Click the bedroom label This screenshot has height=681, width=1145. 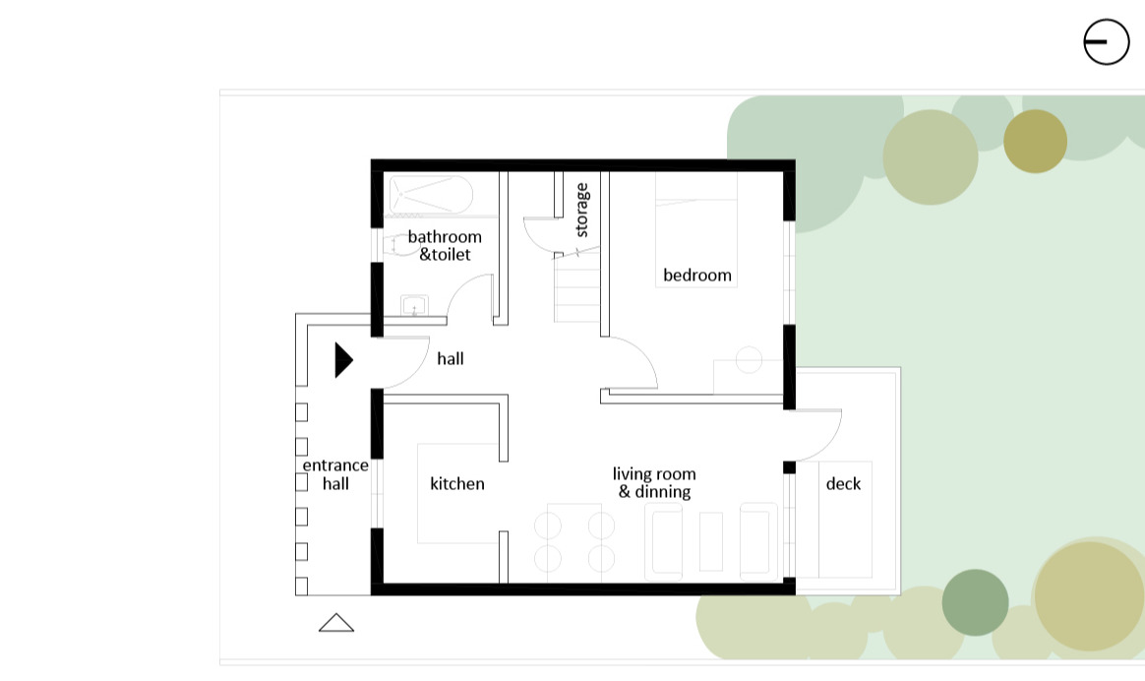(697, 276)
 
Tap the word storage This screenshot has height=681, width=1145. (582, 210)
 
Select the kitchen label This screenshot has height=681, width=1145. (457, 484)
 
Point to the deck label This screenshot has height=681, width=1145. (843, 484)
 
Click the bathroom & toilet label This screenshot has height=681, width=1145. (445, 245)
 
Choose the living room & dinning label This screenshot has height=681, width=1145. (654, 483)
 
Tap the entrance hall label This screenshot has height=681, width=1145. (335, 474)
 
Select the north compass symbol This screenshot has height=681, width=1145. (1107, 41)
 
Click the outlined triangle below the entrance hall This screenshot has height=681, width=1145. (336, 623)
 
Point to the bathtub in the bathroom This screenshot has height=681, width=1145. (431, 195)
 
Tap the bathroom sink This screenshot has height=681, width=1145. (415, 305)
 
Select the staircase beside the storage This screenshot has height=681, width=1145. (576, 287)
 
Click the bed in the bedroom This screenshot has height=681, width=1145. (695, 229)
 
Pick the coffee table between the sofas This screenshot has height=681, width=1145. (711, 541)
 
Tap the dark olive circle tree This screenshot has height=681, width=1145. (1036, 141)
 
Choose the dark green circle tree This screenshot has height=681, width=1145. (976, 603)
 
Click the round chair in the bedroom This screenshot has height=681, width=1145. (749, 359)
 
